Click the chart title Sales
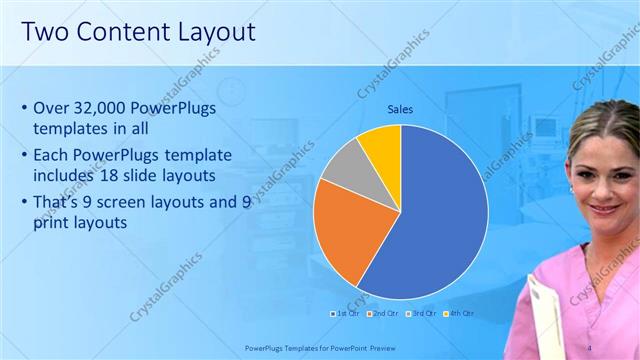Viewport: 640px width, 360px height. (x=400, y=109)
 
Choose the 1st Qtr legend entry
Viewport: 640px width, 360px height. (x=346, y=313)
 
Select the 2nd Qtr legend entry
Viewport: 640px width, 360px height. (x=384, y=313)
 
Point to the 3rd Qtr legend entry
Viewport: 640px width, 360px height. (x=423, y=313)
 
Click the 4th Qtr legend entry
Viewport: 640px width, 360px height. (x=461, y=313)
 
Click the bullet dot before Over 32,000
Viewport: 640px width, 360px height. (x=23, y=108)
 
